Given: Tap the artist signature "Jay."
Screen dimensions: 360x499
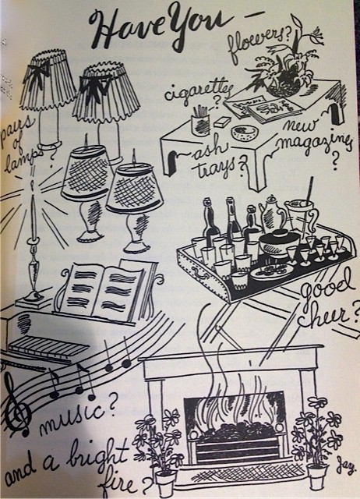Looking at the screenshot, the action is pyautogui.click(x=346, y=469).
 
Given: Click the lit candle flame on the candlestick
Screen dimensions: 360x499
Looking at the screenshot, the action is pyautogui.click(x=32, y=186).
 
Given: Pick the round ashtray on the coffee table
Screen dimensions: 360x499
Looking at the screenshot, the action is pyautogui.click(x=244, y=133).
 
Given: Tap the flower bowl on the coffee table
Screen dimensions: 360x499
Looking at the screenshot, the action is pyautogui.click(x=281, y=84).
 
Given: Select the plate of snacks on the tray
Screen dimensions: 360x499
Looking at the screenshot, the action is pyautogui.click(x=272, y=271).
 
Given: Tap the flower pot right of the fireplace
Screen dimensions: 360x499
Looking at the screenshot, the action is pyautogui.click(x=318, y=476).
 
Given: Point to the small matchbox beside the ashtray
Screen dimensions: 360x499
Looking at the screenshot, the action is pyautogui.click(x=223, y=122).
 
